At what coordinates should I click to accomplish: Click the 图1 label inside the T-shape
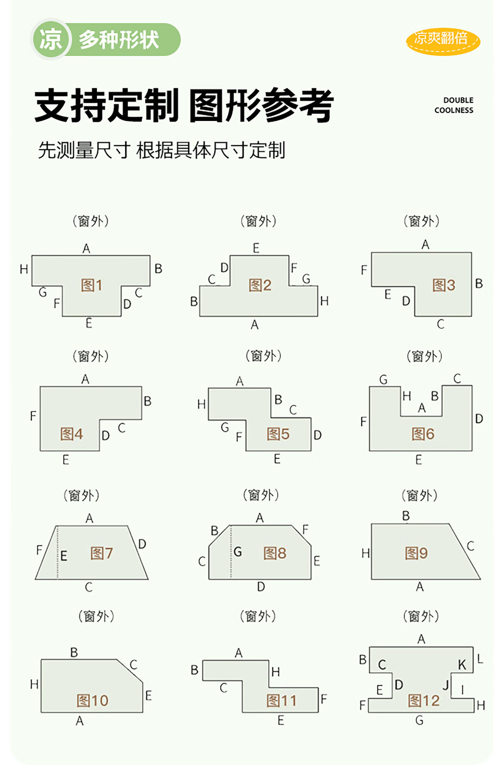(91, 285)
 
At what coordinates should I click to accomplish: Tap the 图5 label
(278, 434)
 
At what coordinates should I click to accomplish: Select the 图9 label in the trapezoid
(416, 553)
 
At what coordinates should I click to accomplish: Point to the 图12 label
(424, 701)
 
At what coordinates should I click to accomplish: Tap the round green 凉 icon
(51, 40)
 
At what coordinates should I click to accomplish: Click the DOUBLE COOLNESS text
(454, 105)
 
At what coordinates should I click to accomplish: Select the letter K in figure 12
(462, 665)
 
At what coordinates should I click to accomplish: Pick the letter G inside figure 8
(238, 552)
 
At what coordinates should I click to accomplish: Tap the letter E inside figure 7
(64, 556)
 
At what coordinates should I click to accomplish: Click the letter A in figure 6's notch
(422, 408)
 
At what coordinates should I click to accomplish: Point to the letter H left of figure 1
(24, 269)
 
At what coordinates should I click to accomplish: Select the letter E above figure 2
(256, 248)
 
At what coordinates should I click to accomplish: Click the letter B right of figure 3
(479, 284)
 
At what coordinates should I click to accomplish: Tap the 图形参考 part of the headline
(262, 106)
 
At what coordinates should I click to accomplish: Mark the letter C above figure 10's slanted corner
(133, 664)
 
